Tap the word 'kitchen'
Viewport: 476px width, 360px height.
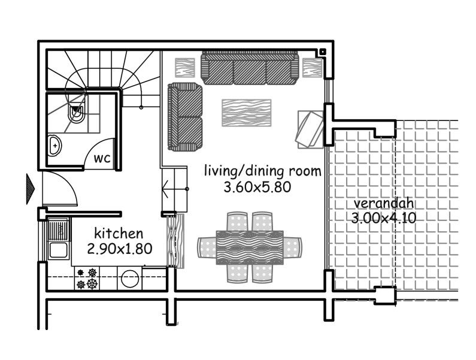[118, 232]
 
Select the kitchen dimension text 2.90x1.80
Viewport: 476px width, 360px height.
[118, 247]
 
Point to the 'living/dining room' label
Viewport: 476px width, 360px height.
[262, 171]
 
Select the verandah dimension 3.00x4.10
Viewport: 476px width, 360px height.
[383, 217]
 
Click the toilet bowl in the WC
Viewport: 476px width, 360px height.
[77, 114]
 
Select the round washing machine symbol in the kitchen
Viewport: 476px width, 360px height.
[129, 277]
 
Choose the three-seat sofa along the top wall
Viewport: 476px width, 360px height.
[250, 69]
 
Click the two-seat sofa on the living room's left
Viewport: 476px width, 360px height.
[184, 117]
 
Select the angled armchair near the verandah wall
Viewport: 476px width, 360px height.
[310, 128]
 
